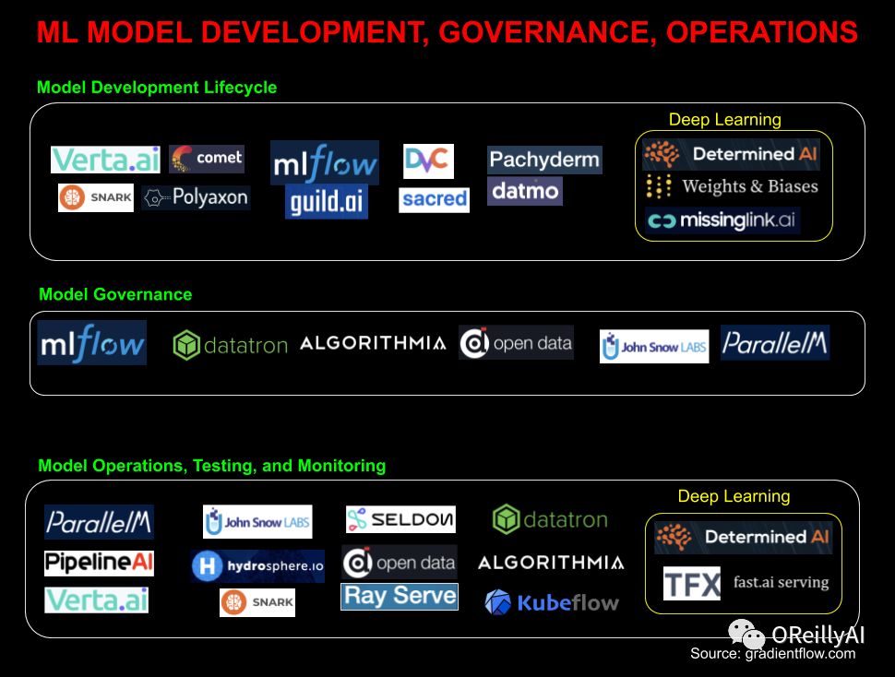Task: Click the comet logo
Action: tap(207, 159)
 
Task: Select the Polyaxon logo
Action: tap(197, 197)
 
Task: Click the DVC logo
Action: tap(428, 160)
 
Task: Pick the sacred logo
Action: tap(434, 199)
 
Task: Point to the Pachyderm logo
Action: tap(544, 160)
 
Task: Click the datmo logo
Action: tap(524, 192)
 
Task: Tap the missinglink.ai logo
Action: tap(722, 221)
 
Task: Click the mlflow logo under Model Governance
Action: tap(92, 343)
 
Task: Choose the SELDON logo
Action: tap(400, 520)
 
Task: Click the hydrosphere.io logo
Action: tap(257, 565)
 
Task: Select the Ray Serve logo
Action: tap(399, 596)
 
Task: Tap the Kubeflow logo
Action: tap(552, 603)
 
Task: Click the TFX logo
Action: tap(691, 584)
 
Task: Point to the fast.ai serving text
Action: tap(781, 583)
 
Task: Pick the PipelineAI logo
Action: tap(99, 563)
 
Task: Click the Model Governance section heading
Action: tap(115, 295)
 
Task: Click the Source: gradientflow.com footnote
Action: tap(772, 654)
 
